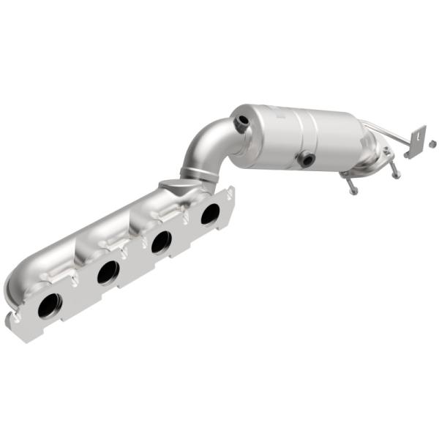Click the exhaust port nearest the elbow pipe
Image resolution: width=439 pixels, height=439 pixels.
point(210,214)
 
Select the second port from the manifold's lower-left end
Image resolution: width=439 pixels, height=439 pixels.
point(108,272)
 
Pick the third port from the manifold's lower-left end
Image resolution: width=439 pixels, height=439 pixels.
point(161,241)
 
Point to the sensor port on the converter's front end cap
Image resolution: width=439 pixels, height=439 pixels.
point(240,125)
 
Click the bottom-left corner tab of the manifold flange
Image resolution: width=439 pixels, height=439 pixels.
point(10,319)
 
